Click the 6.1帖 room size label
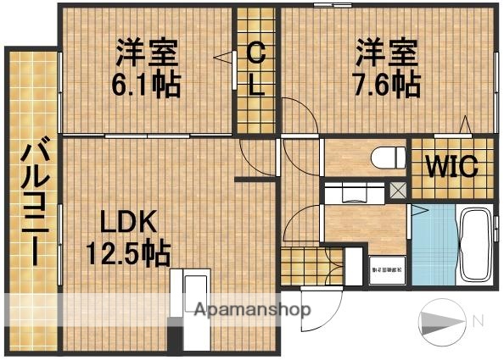tap(147, 84)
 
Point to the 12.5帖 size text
tap(127, 252)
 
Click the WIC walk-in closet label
tap(451, 166)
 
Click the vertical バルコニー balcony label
tap(33, 202)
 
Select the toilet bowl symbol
tap(386, 158)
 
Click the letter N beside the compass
tap(479, 321)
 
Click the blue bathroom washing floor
tap(433, 246)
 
